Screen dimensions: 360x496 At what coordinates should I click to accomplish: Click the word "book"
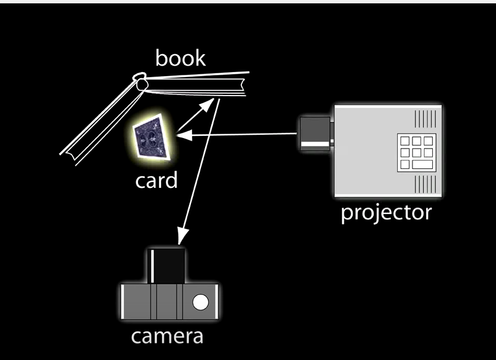[x=180, y=58]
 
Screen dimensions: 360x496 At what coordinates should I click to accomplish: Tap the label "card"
[x=156, y=180]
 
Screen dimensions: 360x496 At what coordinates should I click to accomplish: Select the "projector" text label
[x=386, y=212]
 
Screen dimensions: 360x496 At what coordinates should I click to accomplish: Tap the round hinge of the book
[x=140, y=82]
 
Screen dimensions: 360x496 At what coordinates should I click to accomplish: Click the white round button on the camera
[x=200, y=302]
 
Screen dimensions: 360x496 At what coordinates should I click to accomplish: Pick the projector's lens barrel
[x=315, y=134]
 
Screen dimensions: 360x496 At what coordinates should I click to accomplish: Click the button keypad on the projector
[x=414, y=152]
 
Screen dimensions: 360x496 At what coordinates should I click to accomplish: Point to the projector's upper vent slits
[x=425, y=119]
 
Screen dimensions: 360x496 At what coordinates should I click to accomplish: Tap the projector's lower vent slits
[x=425, y=183]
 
